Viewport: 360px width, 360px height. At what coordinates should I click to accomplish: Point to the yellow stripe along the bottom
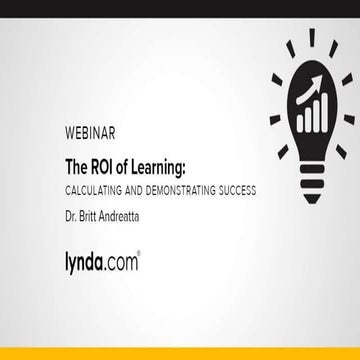pyautogui.click(x=180, y=354)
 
